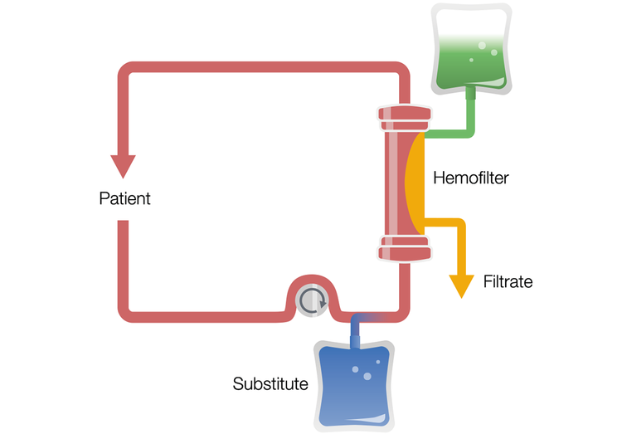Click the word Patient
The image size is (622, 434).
[124, 199]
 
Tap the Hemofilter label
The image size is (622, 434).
[469, 177]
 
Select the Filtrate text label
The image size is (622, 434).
[508, 282]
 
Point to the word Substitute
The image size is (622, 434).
[270, 384]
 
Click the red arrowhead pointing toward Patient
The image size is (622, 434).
[124, 166]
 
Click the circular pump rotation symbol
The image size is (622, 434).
[313, 302]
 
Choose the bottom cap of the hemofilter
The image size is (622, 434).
[405, 246]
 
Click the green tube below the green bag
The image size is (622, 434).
[472, 112]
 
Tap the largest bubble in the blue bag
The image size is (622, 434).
[367, 377]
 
